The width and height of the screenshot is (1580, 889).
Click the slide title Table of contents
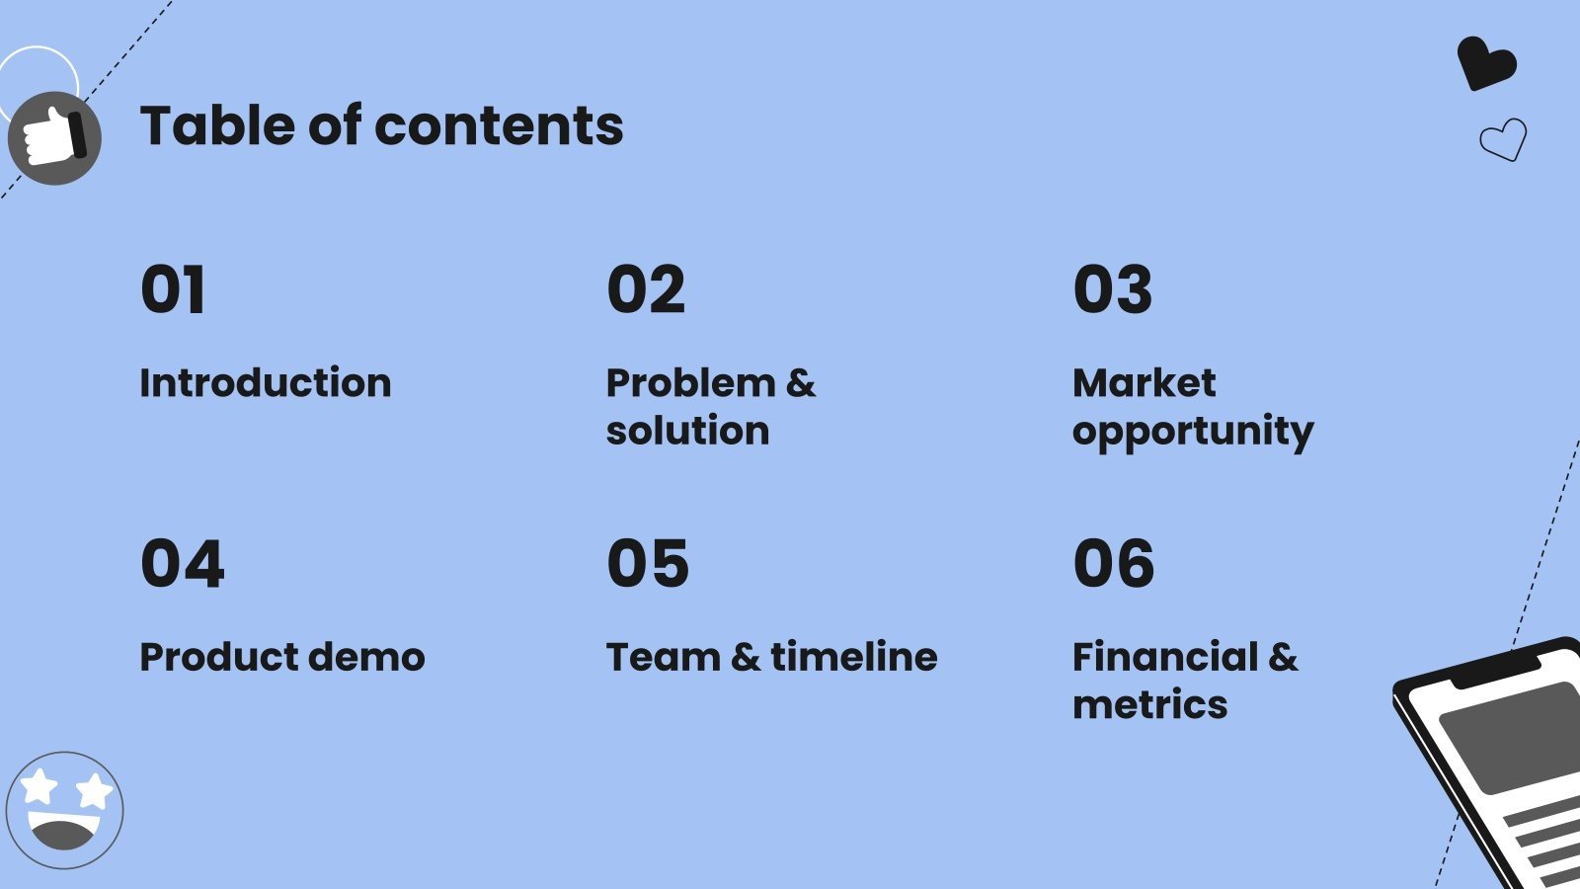click(x=381, y=126)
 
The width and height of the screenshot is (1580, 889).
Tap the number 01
click(x=173, y=290)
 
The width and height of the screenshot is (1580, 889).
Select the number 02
click(x=646, y=290)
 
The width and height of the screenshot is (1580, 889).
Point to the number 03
click(x=1113, y=290)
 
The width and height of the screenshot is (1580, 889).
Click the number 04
click(x=182, y=564)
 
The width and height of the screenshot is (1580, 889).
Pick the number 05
click(x=648, y=564)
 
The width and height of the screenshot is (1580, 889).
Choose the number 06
click(x=1114, y=564)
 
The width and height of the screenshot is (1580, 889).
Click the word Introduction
click(x=265, y=383)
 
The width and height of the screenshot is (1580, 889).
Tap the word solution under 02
click(x=687, y=431)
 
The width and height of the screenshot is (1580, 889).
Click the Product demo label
click(x=282, y=657)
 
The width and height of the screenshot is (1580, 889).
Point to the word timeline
click(x=853, y=657)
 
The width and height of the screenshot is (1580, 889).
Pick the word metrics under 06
click(x=1149, y=705)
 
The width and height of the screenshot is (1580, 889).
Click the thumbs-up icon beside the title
click(x=54, y=138)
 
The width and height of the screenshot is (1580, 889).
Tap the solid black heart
click(x=1486, y=63)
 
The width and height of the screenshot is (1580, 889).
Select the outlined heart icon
click(x=1504, y=139)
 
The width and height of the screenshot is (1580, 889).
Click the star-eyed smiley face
click(x=64, y=811)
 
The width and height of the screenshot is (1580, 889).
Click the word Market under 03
click(x=1144, y=383)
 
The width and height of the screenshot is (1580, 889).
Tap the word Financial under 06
click(x=1165, y=657)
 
